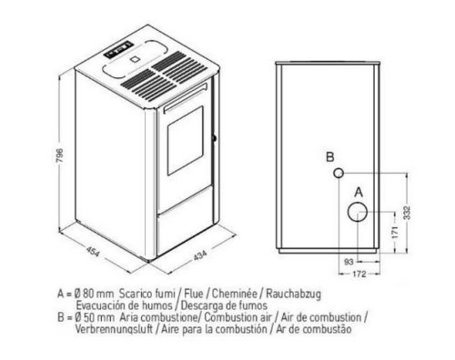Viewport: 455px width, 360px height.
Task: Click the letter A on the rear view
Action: click(358, 192)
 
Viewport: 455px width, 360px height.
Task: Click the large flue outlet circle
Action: click(356, 212)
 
